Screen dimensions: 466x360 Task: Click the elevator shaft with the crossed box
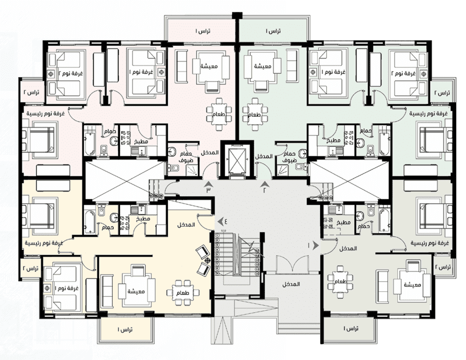point(238,161)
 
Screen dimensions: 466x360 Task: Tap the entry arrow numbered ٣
point(208,184)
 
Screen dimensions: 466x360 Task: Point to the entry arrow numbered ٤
point(221,221)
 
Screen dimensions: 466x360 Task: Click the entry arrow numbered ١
point(316,246)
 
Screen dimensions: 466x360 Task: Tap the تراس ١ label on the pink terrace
point(202,31)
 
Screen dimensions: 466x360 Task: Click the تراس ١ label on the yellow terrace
point(125,329)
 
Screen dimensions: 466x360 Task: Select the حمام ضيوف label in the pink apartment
point(186,157)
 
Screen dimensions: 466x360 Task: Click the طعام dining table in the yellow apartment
point(183,292)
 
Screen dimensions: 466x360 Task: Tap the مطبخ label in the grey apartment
point(343,222)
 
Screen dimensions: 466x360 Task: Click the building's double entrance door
point(293,264)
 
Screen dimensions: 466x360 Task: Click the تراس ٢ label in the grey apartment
point(442,266)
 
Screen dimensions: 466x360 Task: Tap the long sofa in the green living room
point(292,66)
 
